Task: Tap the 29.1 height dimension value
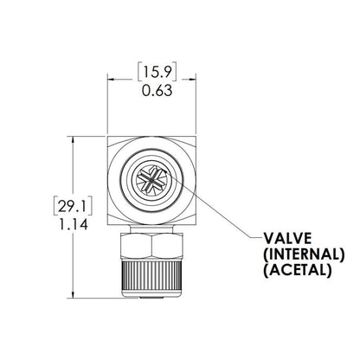(69, 206)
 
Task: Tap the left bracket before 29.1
(55, 206)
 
